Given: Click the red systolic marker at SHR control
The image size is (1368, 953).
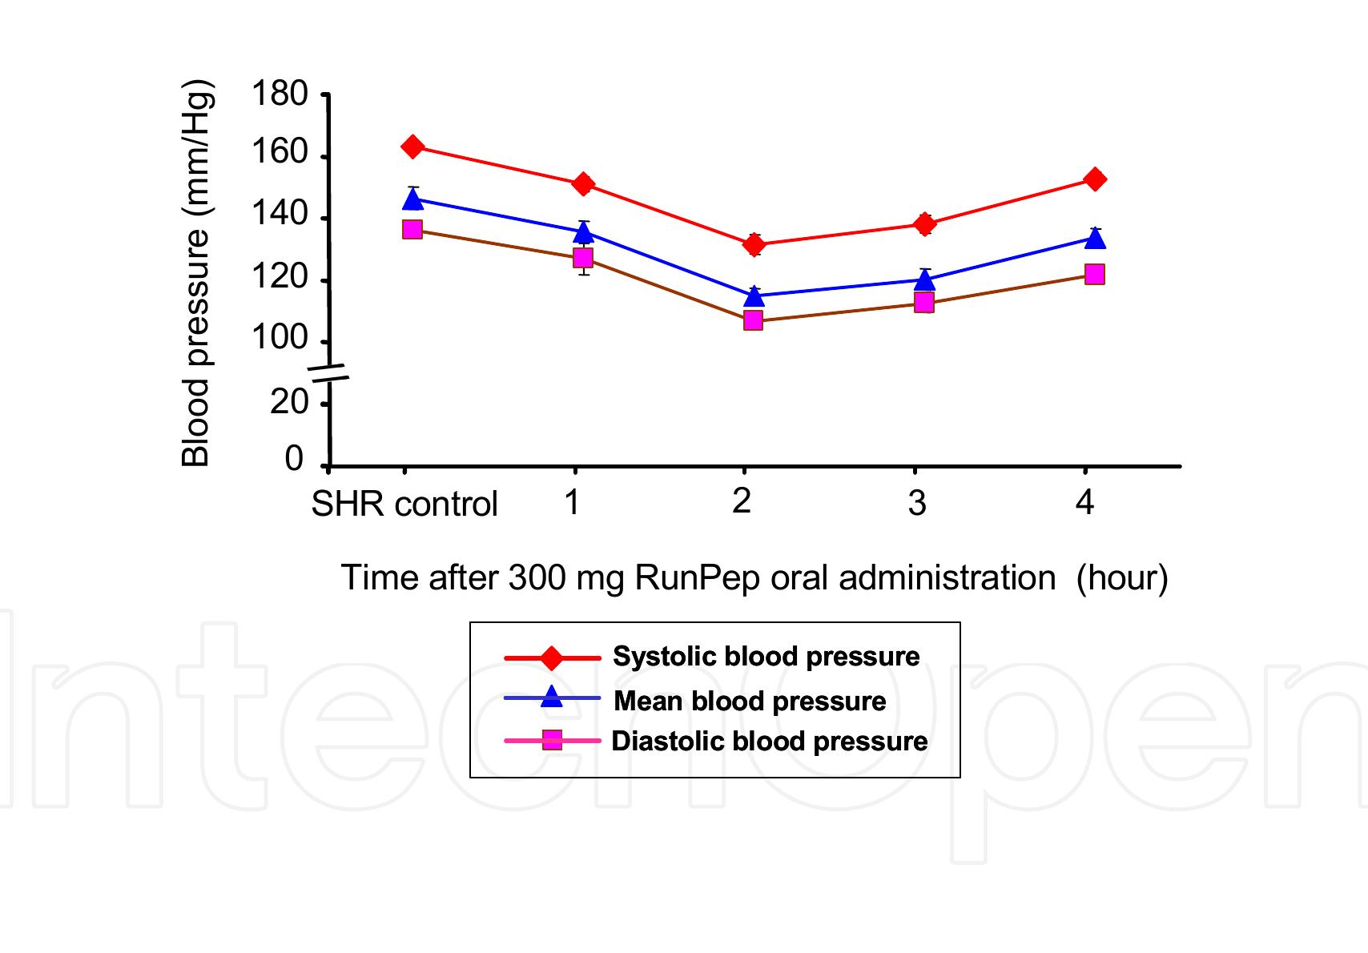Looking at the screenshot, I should click(412, 147).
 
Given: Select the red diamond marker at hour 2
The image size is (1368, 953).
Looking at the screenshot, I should click(753, 245).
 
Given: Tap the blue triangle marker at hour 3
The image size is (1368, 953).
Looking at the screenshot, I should click(924, 279).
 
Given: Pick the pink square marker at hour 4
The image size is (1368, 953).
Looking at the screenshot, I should click(1094, 275).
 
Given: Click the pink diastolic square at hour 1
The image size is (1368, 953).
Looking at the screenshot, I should click(583, 258).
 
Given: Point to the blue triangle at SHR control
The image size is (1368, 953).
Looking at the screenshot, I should click(412, 199).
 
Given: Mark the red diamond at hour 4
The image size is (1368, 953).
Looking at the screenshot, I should click(1094, 179).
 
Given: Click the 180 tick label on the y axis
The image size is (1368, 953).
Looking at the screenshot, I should click(280, 94).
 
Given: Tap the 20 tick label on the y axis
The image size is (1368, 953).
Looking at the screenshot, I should click(289, 400).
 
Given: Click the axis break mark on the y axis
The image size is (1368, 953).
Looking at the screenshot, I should click(329, 371).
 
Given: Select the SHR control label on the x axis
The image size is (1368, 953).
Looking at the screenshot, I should click(404, 505).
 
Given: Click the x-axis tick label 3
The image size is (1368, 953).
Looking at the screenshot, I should click(918, 503).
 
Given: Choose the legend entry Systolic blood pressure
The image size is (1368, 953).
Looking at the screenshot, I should click(766, 657).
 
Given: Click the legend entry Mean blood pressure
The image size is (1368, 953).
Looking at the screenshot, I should click(750, 702).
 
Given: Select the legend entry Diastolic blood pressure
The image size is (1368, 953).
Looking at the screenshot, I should click(769, 742).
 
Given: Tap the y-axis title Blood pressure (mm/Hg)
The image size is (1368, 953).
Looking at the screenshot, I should click(195, 272).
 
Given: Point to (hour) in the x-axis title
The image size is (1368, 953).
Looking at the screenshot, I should click(1122, 577).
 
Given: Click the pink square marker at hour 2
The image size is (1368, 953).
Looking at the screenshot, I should click(753, 320).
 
